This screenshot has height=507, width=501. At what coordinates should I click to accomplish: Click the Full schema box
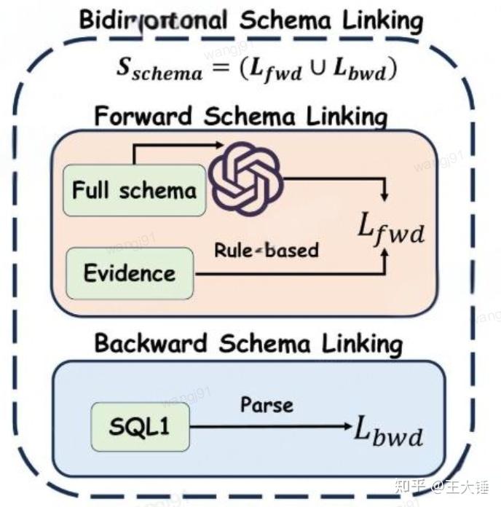[x=134, y=191]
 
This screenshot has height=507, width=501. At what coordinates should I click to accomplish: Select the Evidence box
[x=130, y=274]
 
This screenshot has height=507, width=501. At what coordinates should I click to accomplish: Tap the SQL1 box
[x=140, y=426]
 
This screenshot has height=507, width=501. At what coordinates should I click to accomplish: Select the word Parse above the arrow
[x=267, y=404]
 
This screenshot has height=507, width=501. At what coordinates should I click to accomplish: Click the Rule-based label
[x=267, y=250]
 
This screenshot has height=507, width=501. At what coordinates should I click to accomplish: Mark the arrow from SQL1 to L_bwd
[x=269, y=427]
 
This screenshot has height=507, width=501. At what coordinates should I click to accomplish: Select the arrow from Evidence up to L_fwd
[x=291, y=275]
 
